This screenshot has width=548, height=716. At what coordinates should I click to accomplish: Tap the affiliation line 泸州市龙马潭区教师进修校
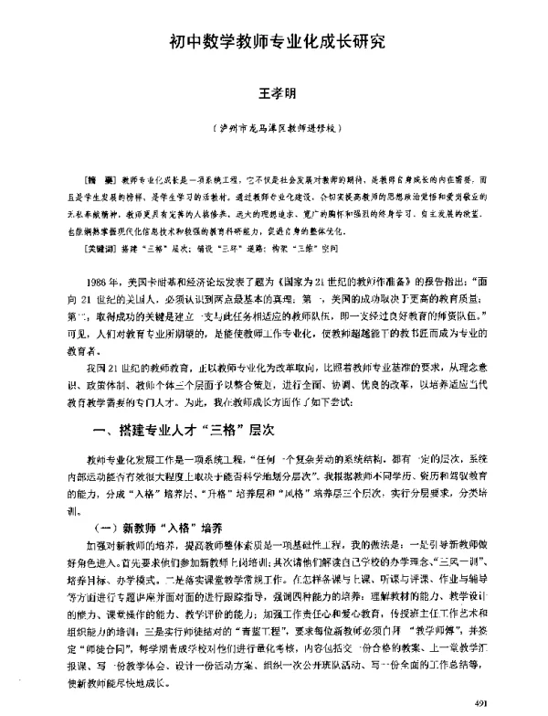[x=274, y=129]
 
